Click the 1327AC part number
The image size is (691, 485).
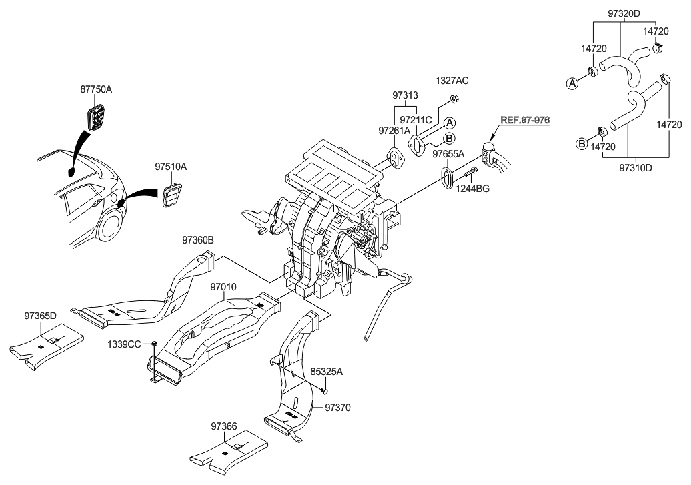coord(452,81)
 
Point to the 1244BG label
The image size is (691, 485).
coord(472,189)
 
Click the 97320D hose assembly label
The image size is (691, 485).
coord(624,13)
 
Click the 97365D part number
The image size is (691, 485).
coord(41,315)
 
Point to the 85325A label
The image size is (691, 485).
coord(326,374)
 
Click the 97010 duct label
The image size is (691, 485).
coord(224,286)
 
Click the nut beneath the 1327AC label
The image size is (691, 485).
coord(453,99)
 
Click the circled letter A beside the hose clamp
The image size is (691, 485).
coord(572,83)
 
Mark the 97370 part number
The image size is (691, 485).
coord(337,406)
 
